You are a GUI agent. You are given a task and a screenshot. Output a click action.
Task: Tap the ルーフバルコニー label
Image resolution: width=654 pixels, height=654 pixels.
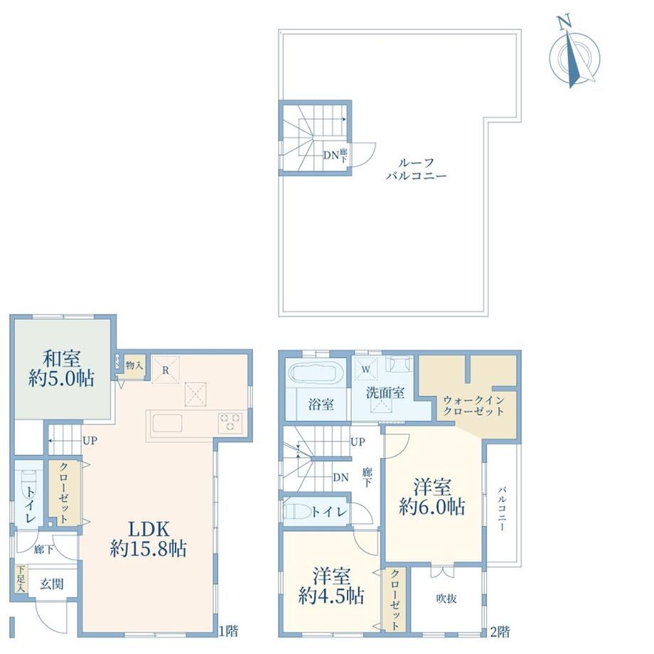[x=416, y=169]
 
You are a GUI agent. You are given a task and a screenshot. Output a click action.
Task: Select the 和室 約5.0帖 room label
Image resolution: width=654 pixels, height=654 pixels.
[x=61, y=368]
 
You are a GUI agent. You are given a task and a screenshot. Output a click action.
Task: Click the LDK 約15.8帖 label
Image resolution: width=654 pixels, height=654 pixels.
[x=149, y=538]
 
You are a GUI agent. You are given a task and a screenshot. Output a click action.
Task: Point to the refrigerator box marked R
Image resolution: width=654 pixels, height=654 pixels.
[x=166, y=370]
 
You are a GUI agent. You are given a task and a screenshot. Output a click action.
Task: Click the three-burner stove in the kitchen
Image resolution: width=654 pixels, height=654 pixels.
[x=230, y=422]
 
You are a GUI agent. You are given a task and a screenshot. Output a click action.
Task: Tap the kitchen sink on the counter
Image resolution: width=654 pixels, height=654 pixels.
[x=167, y=424]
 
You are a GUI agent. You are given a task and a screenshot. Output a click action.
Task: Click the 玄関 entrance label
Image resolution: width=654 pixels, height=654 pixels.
[x=52, y=584]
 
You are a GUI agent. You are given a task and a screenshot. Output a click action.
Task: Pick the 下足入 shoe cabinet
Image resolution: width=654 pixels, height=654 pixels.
[x=21, y=579]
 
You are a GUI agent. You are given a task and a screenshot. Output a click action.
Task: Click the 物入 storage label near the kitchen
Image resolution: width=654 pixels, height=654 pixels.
[x=134, y=366]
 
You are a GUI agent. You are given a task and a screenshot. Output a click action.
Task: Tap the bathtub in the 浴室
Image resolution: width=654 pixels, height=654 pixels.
[x=316, y=372]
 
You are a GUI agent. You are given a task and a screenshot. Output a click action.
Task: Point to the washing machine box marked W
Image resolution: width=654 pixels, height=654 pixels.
[x=366, y=369]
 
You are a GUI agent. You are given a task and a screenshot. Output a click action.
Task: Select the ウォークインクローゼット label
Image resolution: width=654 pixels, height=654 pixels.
[x=473, y=405]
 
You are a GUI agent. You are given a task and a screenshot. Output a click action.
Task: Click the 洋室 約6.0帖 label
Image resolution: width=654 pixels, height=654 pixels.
[x=431, y=497]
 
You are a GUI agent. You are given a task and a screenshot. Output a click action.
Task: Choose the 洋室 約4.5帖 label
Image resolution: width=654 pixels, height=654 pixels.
[x=331, y=586]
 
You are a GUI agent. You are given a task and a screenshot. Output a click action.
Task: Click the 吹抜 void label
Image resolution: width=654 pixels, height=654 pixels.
[x=446, y=599]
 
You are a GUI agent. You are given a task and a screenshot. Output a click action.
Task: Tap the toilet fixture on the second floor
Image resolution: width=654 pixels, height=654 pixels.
[x=297, y=510]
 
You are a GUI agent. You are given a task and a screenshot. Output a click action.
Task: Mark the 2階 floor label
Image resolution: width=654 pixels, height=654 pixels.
[x=500, y=631]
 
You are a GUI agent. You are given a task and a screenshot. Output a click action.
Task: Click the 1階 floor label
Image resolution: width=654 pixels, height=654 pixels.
[x=229, y=631]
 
